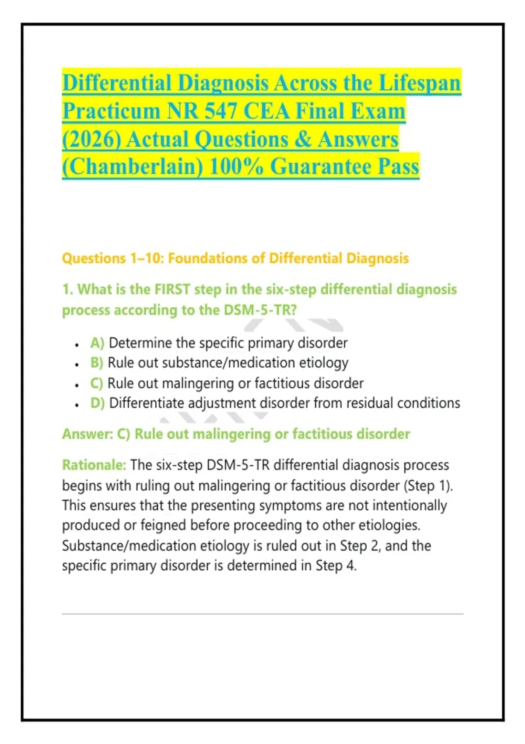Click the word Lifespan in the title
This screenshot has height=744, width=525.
point(420,83)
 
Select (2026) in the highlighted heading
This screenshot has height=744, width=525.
point(91,140)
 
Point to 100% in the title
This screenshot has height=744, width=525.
point(236,167)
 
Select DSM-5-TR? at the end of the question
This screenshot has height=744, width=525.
point(260,310)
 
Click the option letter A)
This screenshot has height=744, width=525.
point(97,343)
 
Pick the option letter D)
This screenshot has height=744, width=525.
point(97,403)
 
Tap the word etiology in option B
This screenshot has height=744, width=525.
point(324,363)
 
